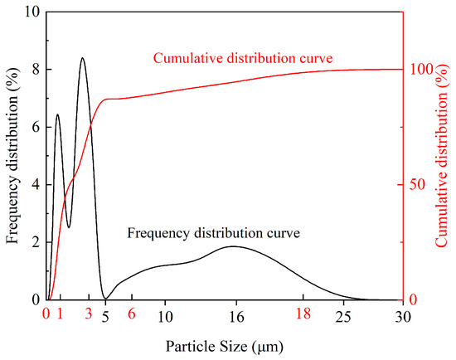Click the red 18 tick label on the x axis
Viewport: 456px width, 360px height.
click(x=303, y=314)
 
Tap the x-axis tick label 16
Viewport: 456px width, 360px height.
click(x=236, y=317)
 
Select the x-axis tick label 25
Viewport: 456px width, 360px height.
click(x=343, y=317)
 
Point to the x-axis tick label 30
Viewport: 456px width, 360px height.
click(x=403, y=317)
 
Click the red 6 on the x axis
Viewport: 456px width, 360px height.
click(x=132, y=314)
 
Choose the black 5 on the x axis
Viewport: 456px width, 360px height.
click(x=105, y=317)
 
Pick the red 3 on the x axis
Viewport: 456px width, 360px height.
click(x=89, y=314)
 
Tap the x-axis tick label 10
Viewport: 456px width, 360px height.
click(x=165, y=317)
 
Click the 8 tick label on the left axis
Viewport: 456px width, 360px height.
click(x=36, y=70)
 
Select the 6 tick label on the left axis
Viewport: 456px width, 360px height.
click(x=36, y=127)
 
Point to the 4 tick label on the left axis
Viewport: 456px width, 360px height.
click(x=36, y=185)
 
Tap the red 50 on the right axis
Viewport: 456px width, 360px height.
click(x=417, y=185)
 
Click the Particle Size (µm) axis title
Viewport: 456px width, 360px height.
click(x=225, y=347)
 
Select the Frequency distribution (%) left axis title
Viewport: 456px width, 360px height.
click(x=12, y=155)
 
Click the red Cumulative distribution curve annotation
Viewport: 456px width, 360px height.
click(x=243, y=58)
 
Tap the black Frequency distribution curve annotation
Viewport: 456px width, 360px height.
click(x=214, y=233)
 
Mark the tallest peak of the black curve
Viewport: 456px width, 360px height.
click(x=83, y=57)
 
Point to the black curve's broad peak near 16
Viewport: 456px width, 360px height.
click(x=234, y=246)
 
